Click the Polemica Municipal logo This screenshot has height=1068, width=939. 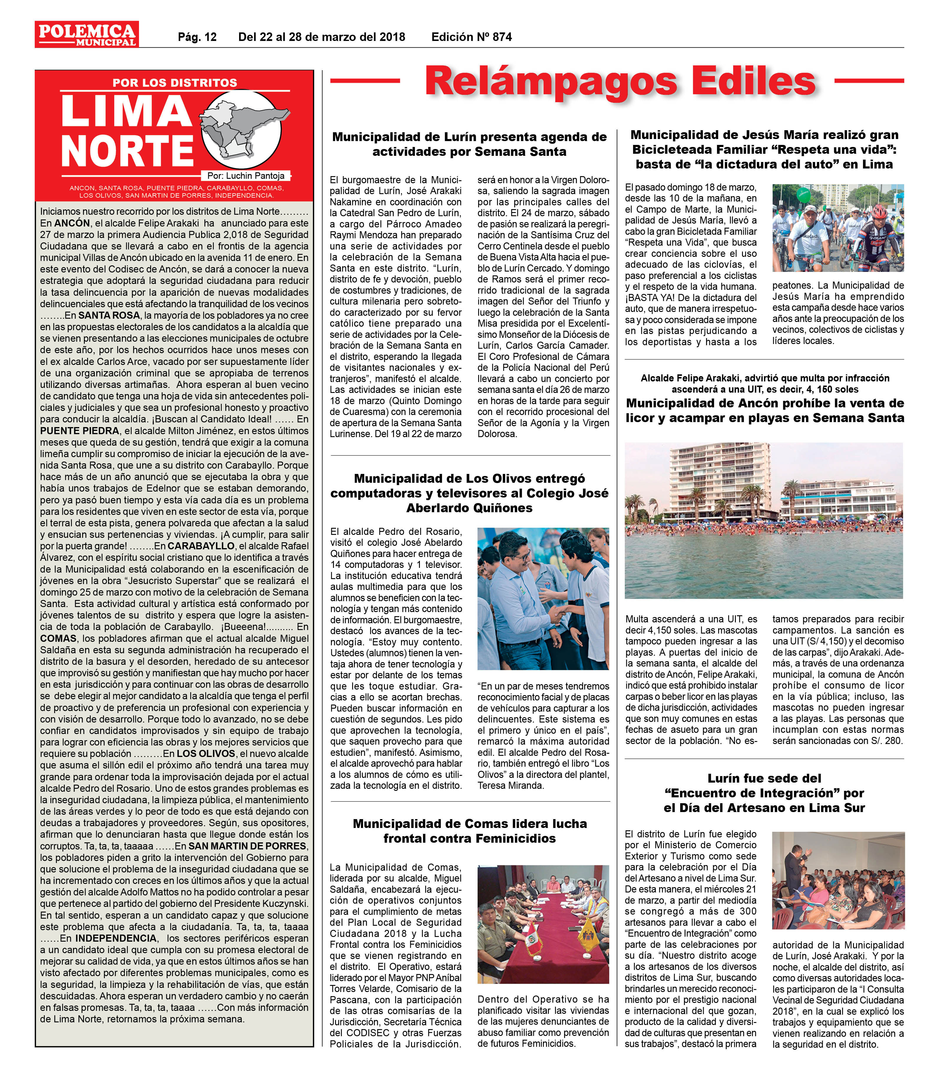click(87, 34)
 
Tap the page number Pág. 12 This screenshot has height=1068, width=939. click(197, 37)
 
